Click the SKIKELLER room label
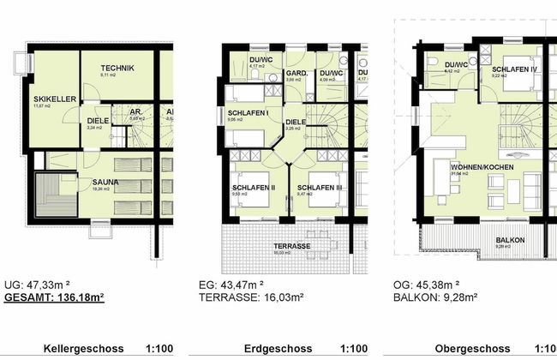(x=51, y=99)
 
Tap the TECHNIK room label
(x=117, y=68)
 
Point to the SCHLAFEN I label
(x=249, y=113)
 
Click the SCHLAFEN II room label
(x=253, y=187)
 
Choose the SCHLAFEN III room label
(x=320, y=187)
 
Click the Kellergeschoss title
(x=84, y=349)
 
